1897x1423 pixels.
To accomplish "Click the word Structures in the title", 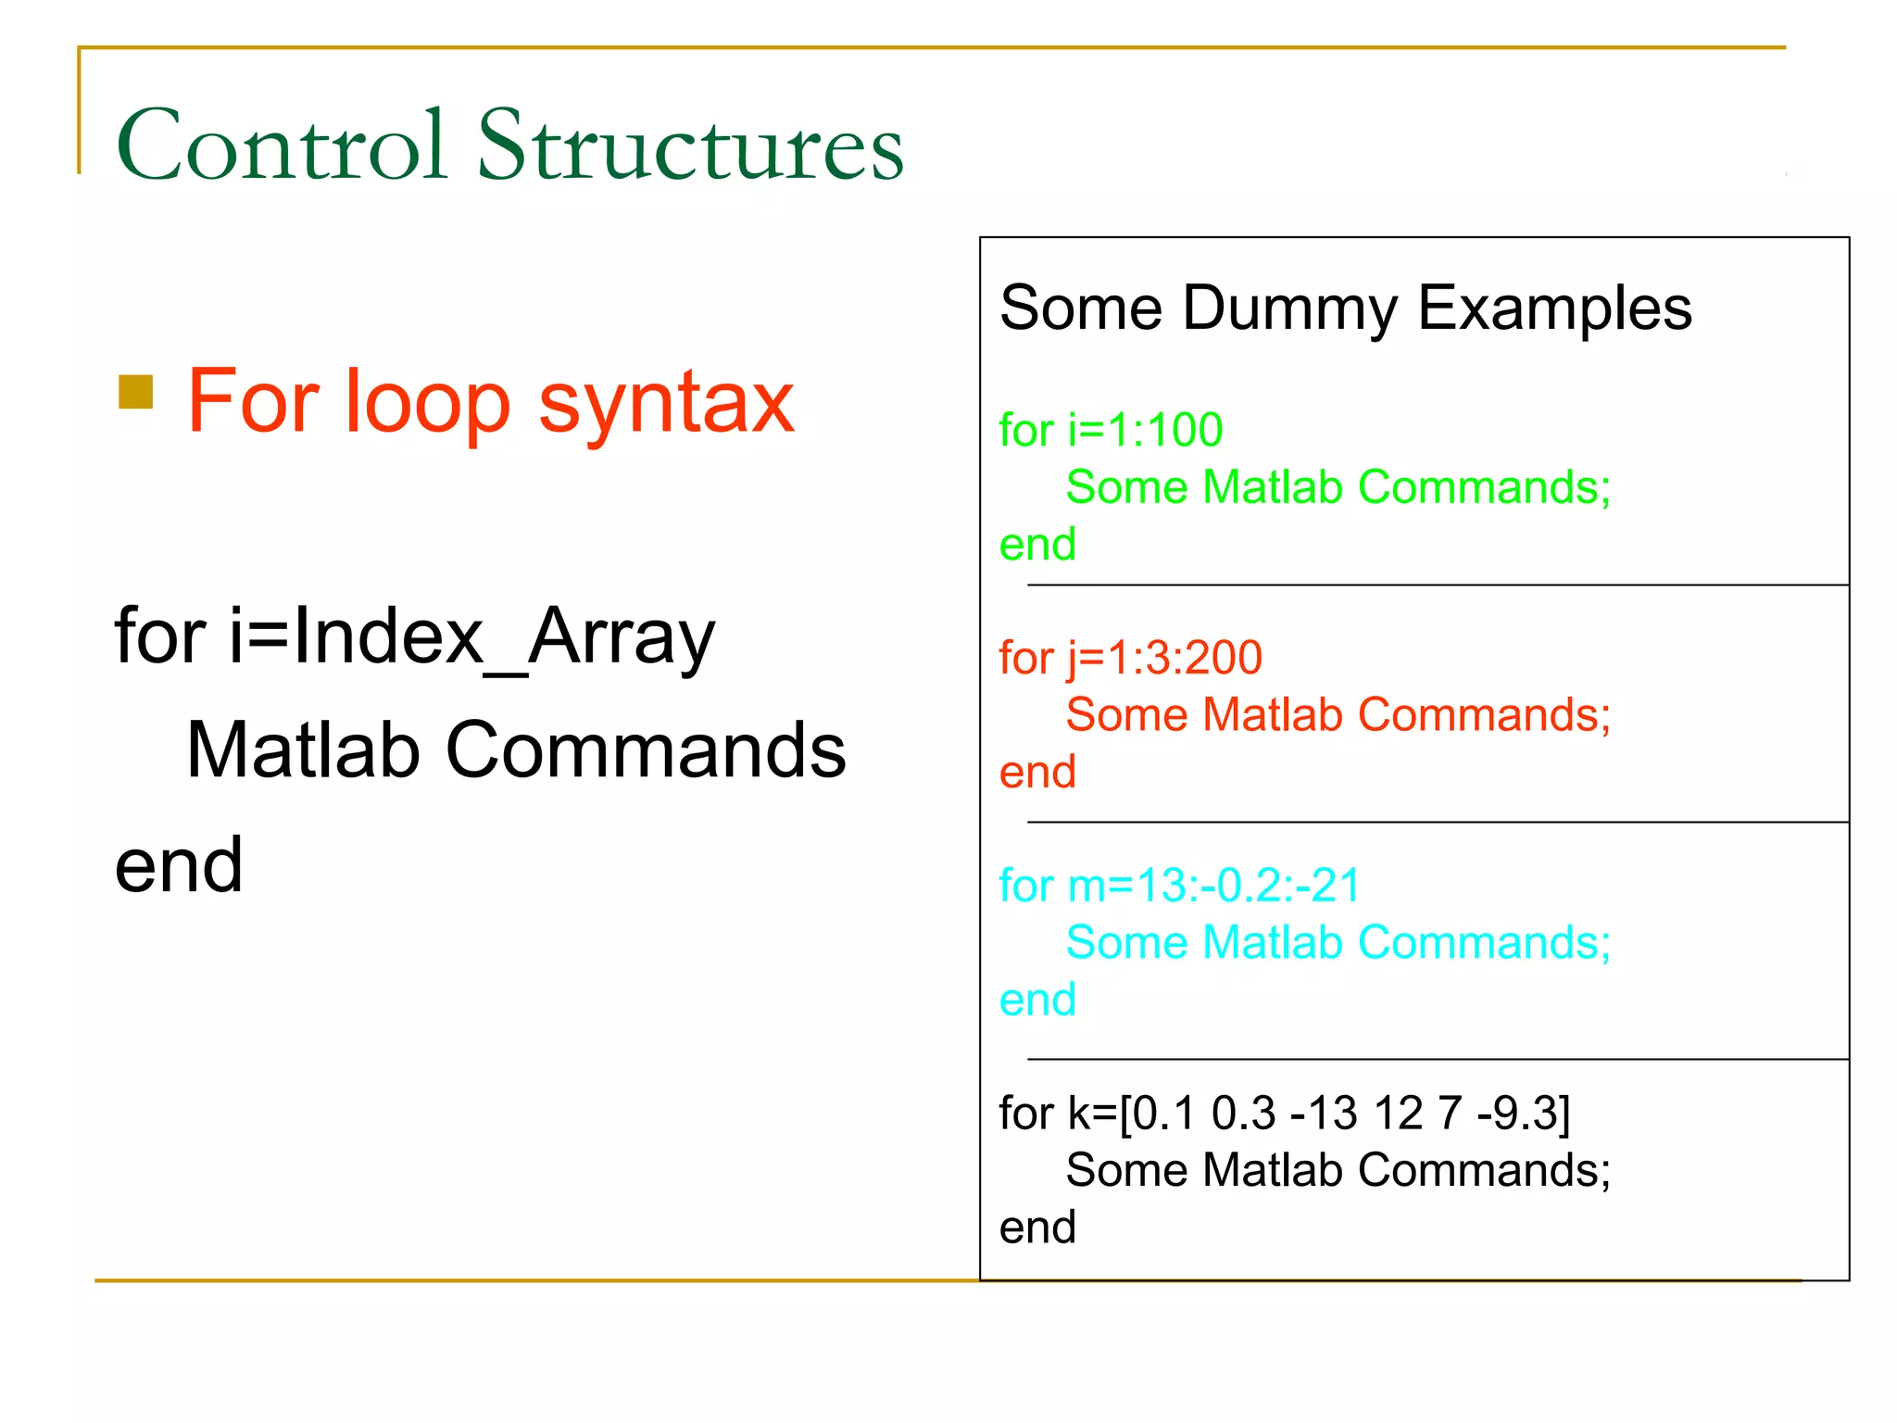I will [x=690, y=145].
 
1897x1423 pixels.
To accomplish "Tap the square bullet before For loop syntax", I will [x=136, y=392].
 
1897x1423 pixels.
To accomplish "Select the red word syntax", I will [x=666, y=403].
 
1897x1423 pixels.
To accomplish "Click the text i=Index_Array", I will [x=472, y=636].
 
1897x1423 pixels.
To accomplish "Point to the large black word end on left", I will [x=179, y=865].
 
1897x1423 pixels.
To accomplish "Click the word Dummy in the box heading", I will [x=1289, y=309].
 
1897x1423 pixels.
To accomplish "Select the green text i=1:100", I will [x=1145, y=431].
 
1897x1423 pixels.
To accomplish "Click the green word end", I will [x=1036, y=545].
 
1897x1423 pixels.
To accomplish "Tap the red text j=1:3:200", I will [x=1164, y=659].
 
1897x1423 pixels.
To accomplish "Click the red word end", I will [x=1036, y=773].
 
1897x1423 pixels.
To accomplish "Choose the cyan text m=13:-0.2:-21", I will [x=1213, y=886].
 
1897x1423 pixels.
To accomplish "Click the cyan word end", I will [x=1036, y=1001].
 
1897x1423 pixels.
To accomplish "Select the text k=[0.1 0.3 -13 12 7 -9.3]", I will [x=1319, y=1114].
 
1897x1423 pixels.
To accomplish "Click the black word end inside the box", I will [x=1036, y=1228].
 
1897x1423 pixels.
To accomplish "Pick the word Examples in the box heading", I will [x=1554, y=309].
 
